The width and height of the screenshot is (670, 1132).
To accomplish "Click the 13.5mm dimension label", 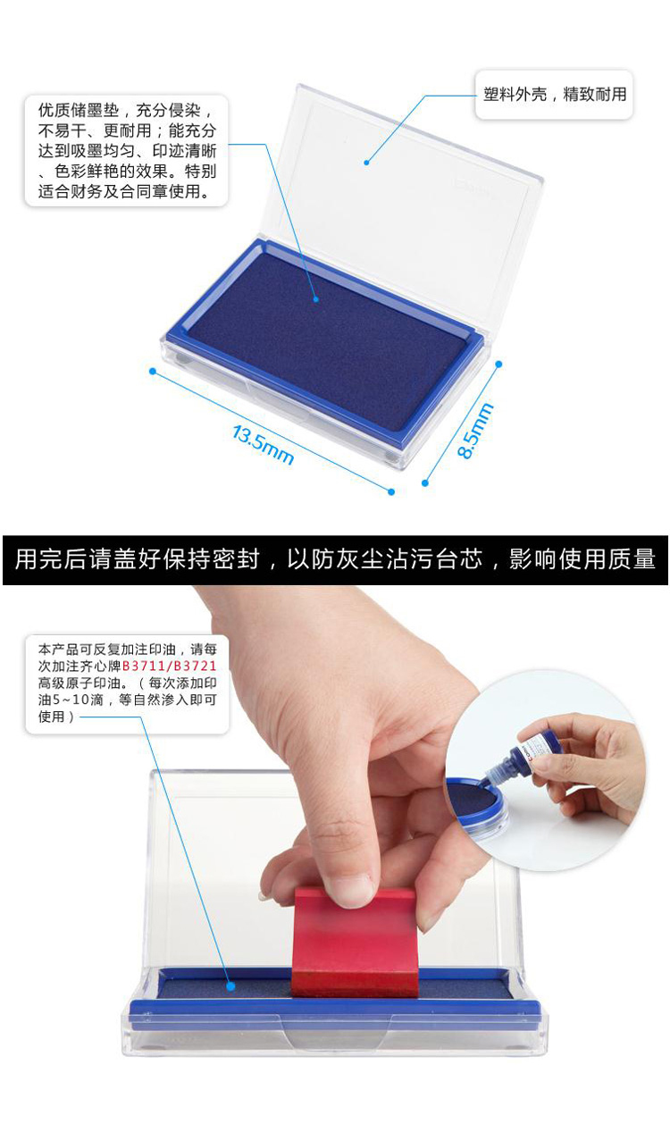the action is pyautogui.click(x=264, y=444).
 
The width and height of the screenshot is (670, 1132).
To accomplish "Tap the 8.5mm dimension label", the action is pyautogui.click(x=475, y=431).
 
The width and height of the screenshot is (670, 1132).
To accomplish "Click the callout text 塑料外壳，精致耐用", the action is pyautogui.click(x=554, y=95).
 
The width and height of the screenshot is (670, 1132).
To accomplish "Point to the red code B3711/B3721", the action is pyautogui.click(x=169, y=666).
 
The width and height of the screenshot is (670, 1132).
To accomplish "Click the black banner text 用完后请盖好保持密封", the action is pyautogui.click(x=138, y=559).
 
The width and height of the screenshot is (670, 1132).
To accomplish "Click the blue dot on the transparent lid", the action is pyautogui.click(x=366, y=163).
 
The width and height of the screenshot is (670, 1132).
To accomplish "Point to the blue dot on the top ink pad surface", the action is pyautogui.click(x=316, y=299).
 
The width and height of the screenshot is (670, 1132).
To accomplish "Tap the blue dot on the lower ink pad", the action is pyautogui.click(x=230, y=986).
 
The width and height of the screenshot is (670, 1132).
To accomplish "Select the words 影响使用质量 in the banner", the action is pyautogui.click(x=582, y=559).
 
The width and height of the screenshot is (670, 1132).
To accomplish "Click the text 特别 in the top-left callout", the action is pyautogui.click(x=201, y=172).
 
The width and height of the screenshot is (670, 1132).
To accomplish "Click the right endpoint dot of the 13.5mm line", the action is pyautogui.click(x=391, y=491).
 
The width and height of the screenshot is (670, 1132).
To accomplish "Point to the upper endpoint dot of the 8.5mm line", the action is pyautogui.click(x=498, y=364).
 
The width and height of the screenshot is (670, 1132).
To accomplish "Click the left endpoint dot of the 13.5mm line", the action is pyautogui.click(x=153, y=372).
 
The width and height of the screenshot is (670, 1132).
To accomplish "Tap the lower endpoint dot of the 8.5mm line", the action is pyautogui.click(x=425, y=483).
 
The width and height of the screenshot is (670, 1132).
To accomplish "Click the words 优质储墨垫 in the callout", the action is pyautogui.click(x=79, y=111).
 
